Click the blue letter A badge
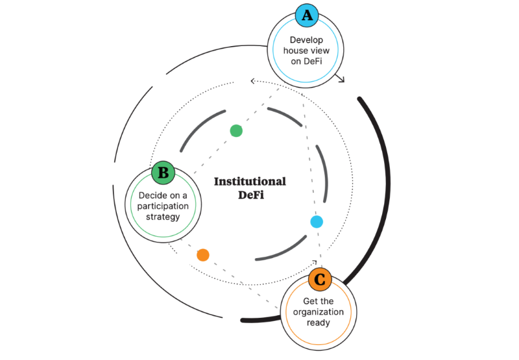tap(306, 14)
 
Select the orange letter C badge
tap(319, 280)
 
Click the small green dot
tap(236, 130)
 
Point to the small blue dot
tap(317, 222)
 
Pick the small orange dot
tap(203, 255)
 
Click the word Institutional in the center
tap(250, 182)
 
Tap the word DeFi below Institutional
tap(250, 195)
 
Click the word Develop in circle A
tap(306, 40)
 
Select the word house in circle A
tap(295, 51)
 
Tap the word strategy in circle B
tap(163, 217)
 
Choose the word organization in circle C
tap(319, 312)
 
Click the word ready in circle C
tap(319, 322)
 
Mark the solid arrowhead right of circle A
tap(341, 80)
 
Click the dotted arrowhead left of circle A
tap(253, 82)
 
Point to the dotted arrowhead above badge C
tap(313, 263)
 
